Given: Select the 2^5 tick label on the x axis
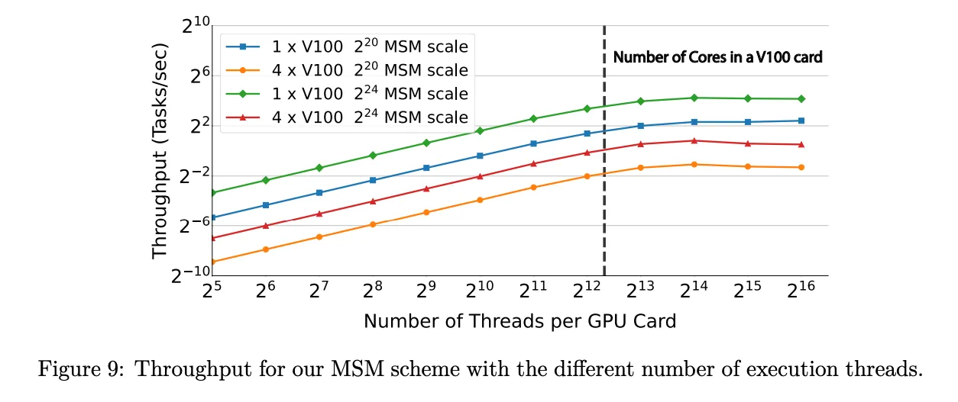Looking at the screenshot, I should pyautogui.click(x=211, y=291).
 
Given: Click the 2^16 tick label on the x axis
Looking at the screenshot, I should pyautogui.click(x=801, y=291).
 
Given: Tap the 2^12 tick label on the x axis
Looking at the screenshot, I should pyautogui.click(x=587, y=291).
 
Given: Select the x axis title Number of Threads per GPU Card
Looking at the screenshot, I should pyautogui.click(x=519, y=321).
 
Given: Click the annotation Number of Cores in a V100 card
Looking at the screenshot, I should pyautogui.click(x=717, y=57).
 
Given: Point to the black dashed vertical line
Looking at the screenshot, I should pyautogui.click(x=604, y=191).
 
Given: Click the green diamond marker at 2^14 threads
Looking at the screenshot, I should pyautogui.click(x=694, y=98).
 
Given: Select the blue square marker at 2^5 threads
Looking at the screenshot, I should pyautogui.click(x=212, y=217).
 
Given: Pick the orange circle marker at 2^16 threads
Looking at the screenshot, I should pyautogui.click(x=801, y=167).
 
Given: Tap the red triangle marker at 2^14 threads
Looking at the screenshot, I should pyautogui.click(x=694, y=140).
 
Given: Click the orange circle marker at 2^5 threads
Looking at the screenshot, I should pyautogui.click(x=212, y=262).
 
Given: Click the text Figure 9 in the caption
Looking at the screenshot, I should pyautogui.click(x=70, y=371).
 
